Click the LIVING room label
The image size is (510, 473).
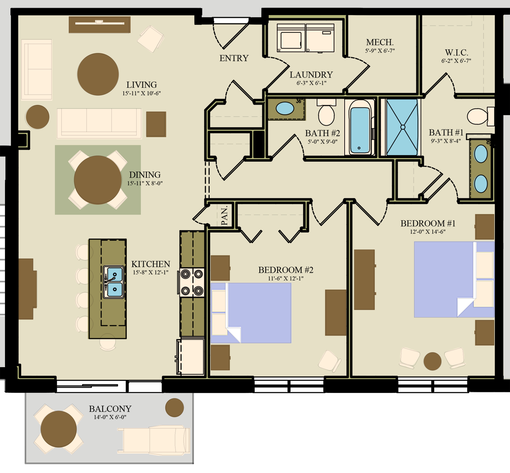(x=142, y=85)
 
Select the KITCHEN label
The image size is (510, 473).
(x=151, y=264)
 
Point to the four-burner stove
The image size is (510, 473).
(x=192, y=282)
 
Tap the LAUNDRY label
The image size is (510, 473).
(x=311, y=75)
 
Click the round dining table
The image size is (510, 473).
(x=98, y=180)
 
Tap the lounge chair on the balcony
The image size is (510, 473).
(x=154, y=439)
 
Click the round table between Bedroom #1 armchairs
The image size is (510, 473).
(x=432, y=361)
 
